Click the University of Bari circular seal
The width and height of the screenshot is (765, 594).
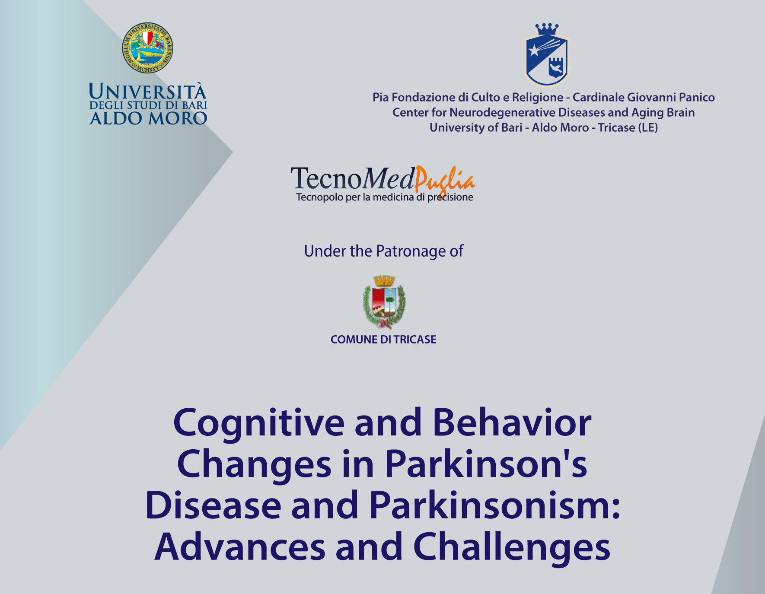(148, 48)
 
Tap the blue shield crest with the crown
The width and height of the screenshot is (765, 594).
(547, 55)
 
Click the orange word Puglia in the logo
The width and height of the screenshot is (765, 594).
(445, 180)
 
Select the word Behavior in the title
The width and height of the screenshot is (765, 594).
(512, 422)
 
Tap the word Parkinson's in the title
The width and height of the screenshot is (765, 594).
(486, 464)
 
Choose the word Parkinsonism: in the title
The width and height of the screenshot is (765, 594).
(495, 505)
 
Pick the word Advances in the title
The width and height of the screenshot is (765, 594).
(240, 546)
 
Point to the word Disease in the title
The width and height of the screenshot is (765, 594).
(213, 505)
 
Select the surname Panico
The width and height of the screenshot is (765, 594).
(697, 97)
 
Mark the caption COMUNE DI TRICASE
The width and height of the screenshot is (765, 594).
(383, 340)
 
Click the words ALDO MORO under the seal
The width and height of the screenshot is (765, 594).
(148, 118)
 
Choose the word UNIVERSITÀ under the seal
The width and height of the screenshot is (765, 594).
(148, 92)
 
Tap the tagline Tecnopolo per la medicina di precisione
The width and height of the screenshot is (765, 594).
(385, 197)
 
